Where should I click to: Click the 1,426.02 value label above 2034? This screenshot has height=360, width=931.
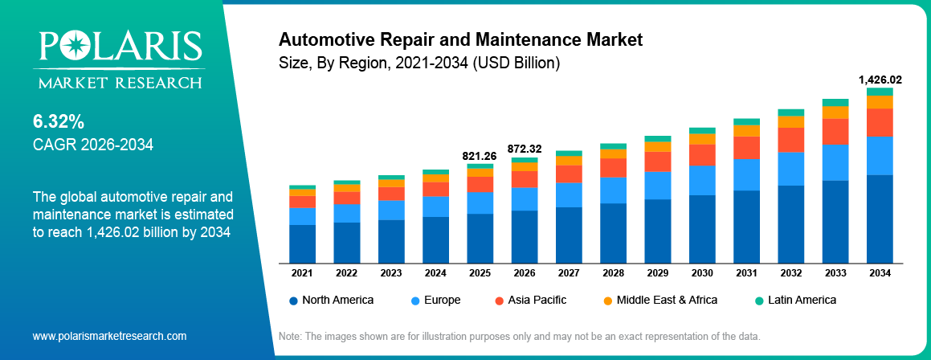click(880, 80)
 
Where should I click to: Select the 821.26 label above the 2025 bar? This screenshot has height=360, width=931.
click(480, 155)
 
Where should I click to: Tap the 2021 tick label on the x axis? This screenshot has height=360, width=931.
click(302, 273)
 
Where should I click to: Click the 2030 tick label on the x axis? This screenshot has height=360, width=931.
click(702, 273)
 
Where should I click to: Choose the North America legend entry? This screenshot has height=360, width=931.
click(331, 300)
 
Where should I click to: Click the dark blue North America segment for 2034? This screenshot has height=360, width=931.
click(880, 219)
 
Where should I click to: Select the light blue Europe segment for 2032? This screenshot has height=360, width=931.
click(790, 169)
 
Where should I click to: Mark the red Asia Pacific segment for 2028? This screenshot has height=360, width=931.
click(613, 167)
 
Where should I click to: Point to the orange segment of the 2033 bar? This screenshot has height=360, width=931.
click(835, 112)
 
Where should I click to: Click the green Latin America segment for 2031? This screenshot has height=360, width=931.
click(746, 121)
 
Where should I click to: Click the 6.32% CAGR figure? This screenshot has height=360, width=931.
click(59, 122)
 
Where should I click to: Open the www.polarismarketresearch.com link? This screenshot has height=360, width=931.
click(109, 336)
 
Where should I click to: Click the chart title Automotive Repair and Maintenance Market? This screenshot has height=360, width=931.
click(460, 39)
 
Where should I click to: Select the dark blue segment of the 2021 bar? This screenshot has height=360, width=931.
click(302, 243)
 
